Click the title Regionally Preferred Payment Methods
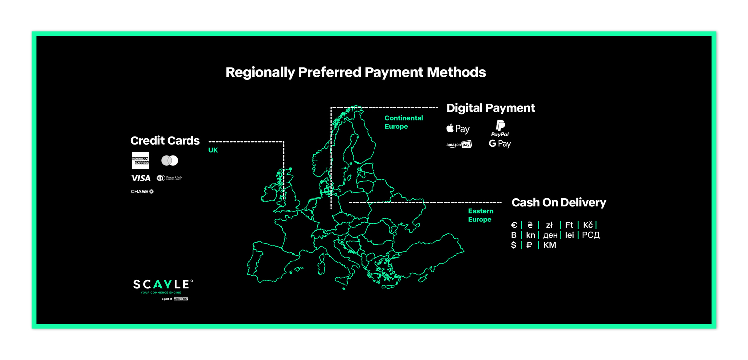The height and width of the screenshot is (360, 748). coord(356,72)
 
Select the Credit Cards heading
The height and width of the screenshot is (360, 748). coord(165,141)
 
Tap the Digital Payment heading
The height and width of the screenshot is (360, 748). coord(491,108)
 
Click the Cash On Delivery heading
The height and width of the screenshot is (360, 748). coord(559,203)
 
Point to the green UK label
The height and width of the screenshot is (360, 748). coord(213,150)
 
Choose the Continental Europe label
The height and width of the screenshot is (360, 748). coord(404,122)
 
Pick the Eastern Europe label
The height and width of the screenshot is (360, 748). coord(480,215)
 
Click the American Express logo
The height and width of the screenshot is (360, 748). coord(140,160)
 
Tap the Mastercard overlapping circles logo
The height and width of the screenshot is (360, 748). coord(170,160)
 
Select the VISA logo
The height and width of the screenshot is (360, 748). coord(141,178)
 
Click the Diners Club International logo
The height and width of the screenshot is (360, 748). coord(169,178)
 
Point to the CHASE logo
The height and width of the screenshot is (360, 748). coord(142,191)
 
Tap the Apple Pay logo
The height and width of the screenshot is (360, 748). coord(458,129)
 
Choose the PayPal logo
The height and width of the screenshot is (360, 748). coord(500,129)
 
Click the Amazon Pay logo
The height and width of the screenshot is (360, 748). coord(459,145)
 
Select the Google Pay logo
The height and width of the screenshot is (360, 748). coord(500,144)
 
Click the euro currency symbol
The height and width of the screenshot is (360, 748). coord(514,225)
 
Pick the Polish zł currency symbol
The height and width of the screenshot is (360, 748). coord(549,225)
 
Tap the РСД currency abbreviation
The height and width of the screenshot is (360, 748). coord(591,235)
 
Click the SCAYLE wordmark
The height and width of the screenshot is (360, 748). coord(161,285)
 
